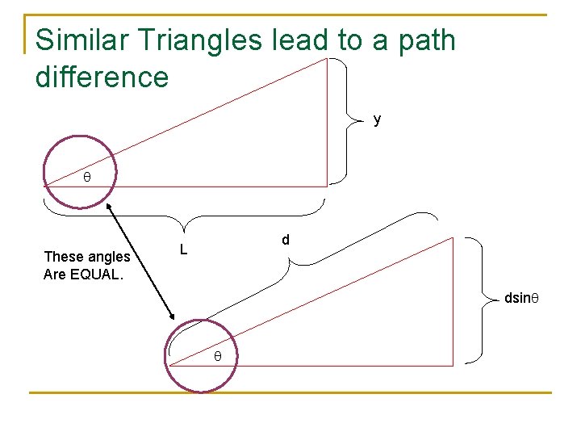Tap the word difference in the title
(x=102, y=78)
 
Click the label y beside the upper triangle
(x=377, y=120)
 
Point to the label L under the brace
(x=183, y=250)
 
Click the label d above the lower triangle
(x=286, y=241)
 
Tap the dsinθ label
(x=520, y=299)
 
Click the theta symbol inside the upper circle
(x=87, y=176)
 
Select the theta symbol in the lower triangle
(x=216, y=356)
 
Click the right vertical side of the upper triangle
(x=327, y=121)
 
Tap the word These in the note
(x=61, y=257)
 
